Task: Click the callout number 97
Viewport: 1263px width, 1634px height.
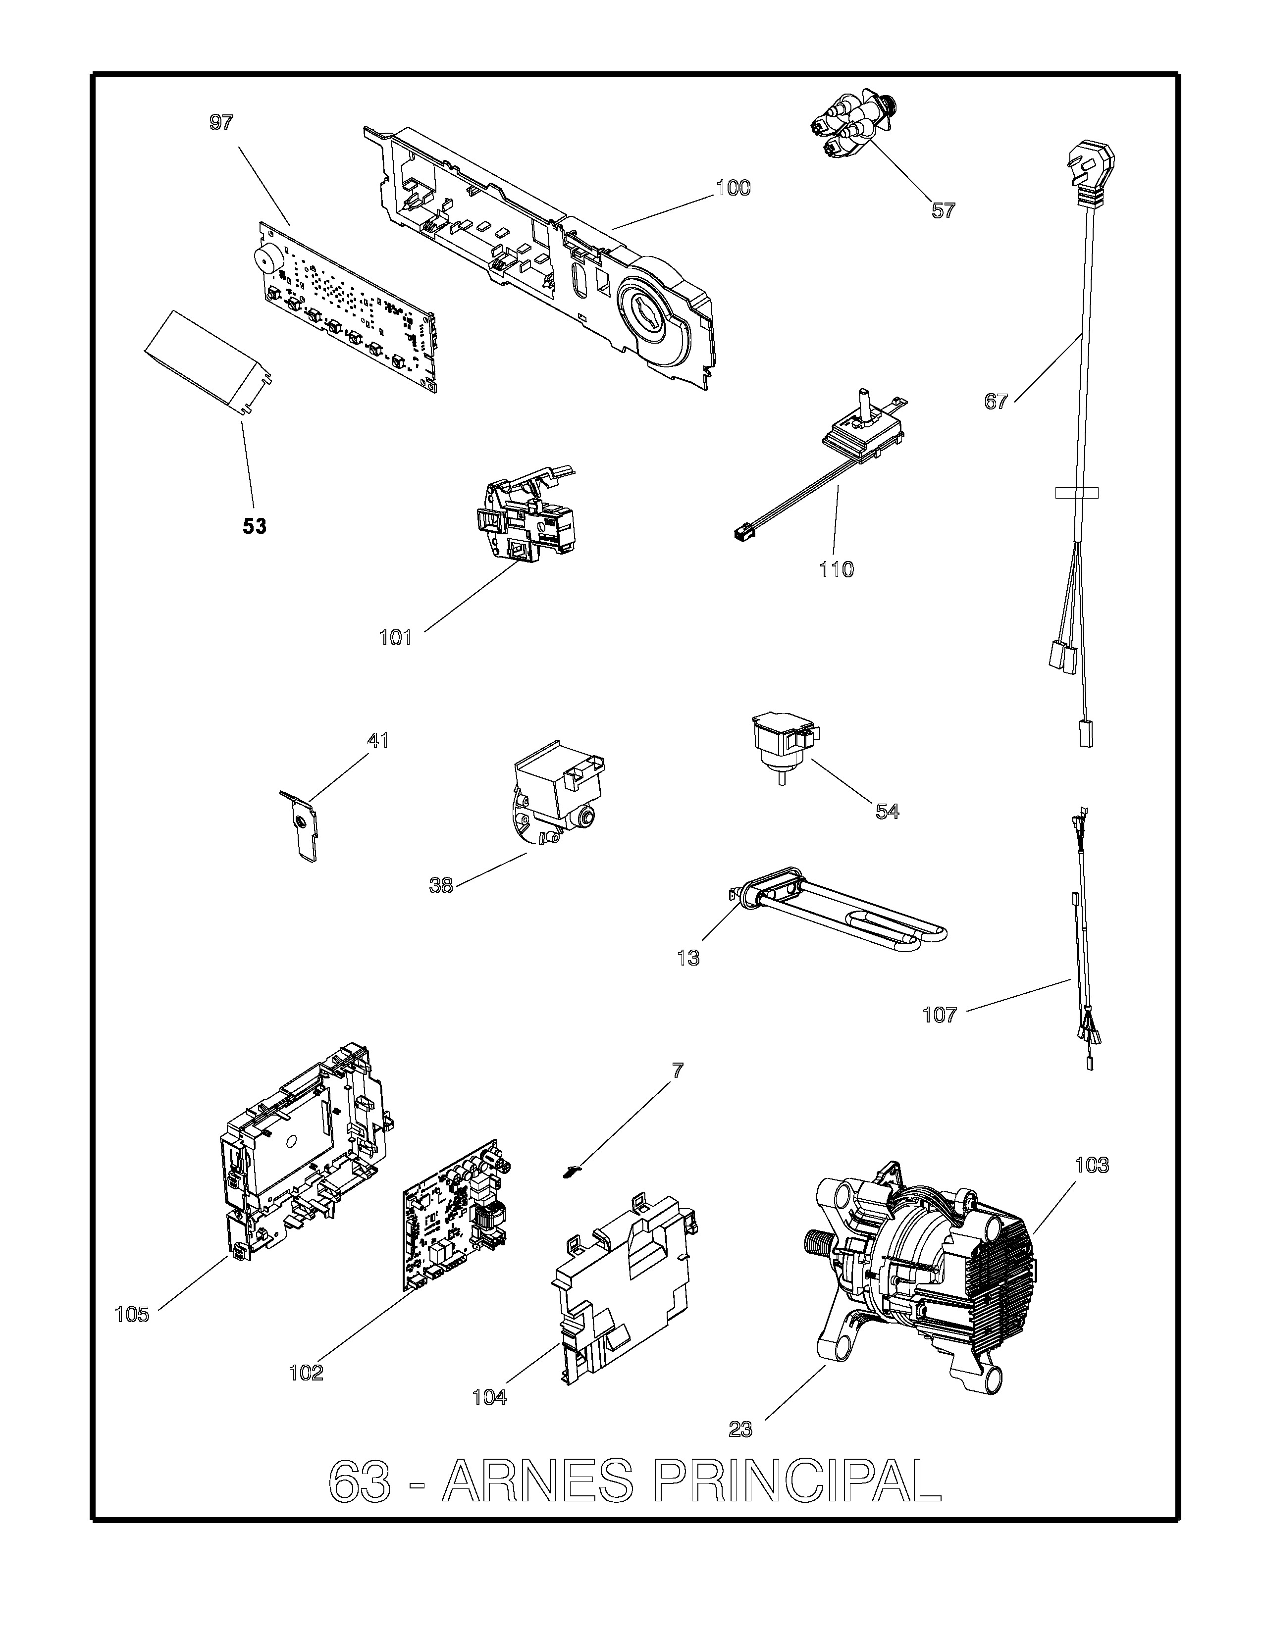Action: pos(221,123)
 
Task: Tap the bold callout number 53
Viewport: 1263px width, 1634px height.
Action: pos(255,527)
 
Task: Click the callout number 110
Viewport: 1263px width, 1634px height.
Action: pos(836,570)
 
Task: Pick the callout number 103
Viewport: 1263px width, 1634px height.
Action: pos(1092,1165)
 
